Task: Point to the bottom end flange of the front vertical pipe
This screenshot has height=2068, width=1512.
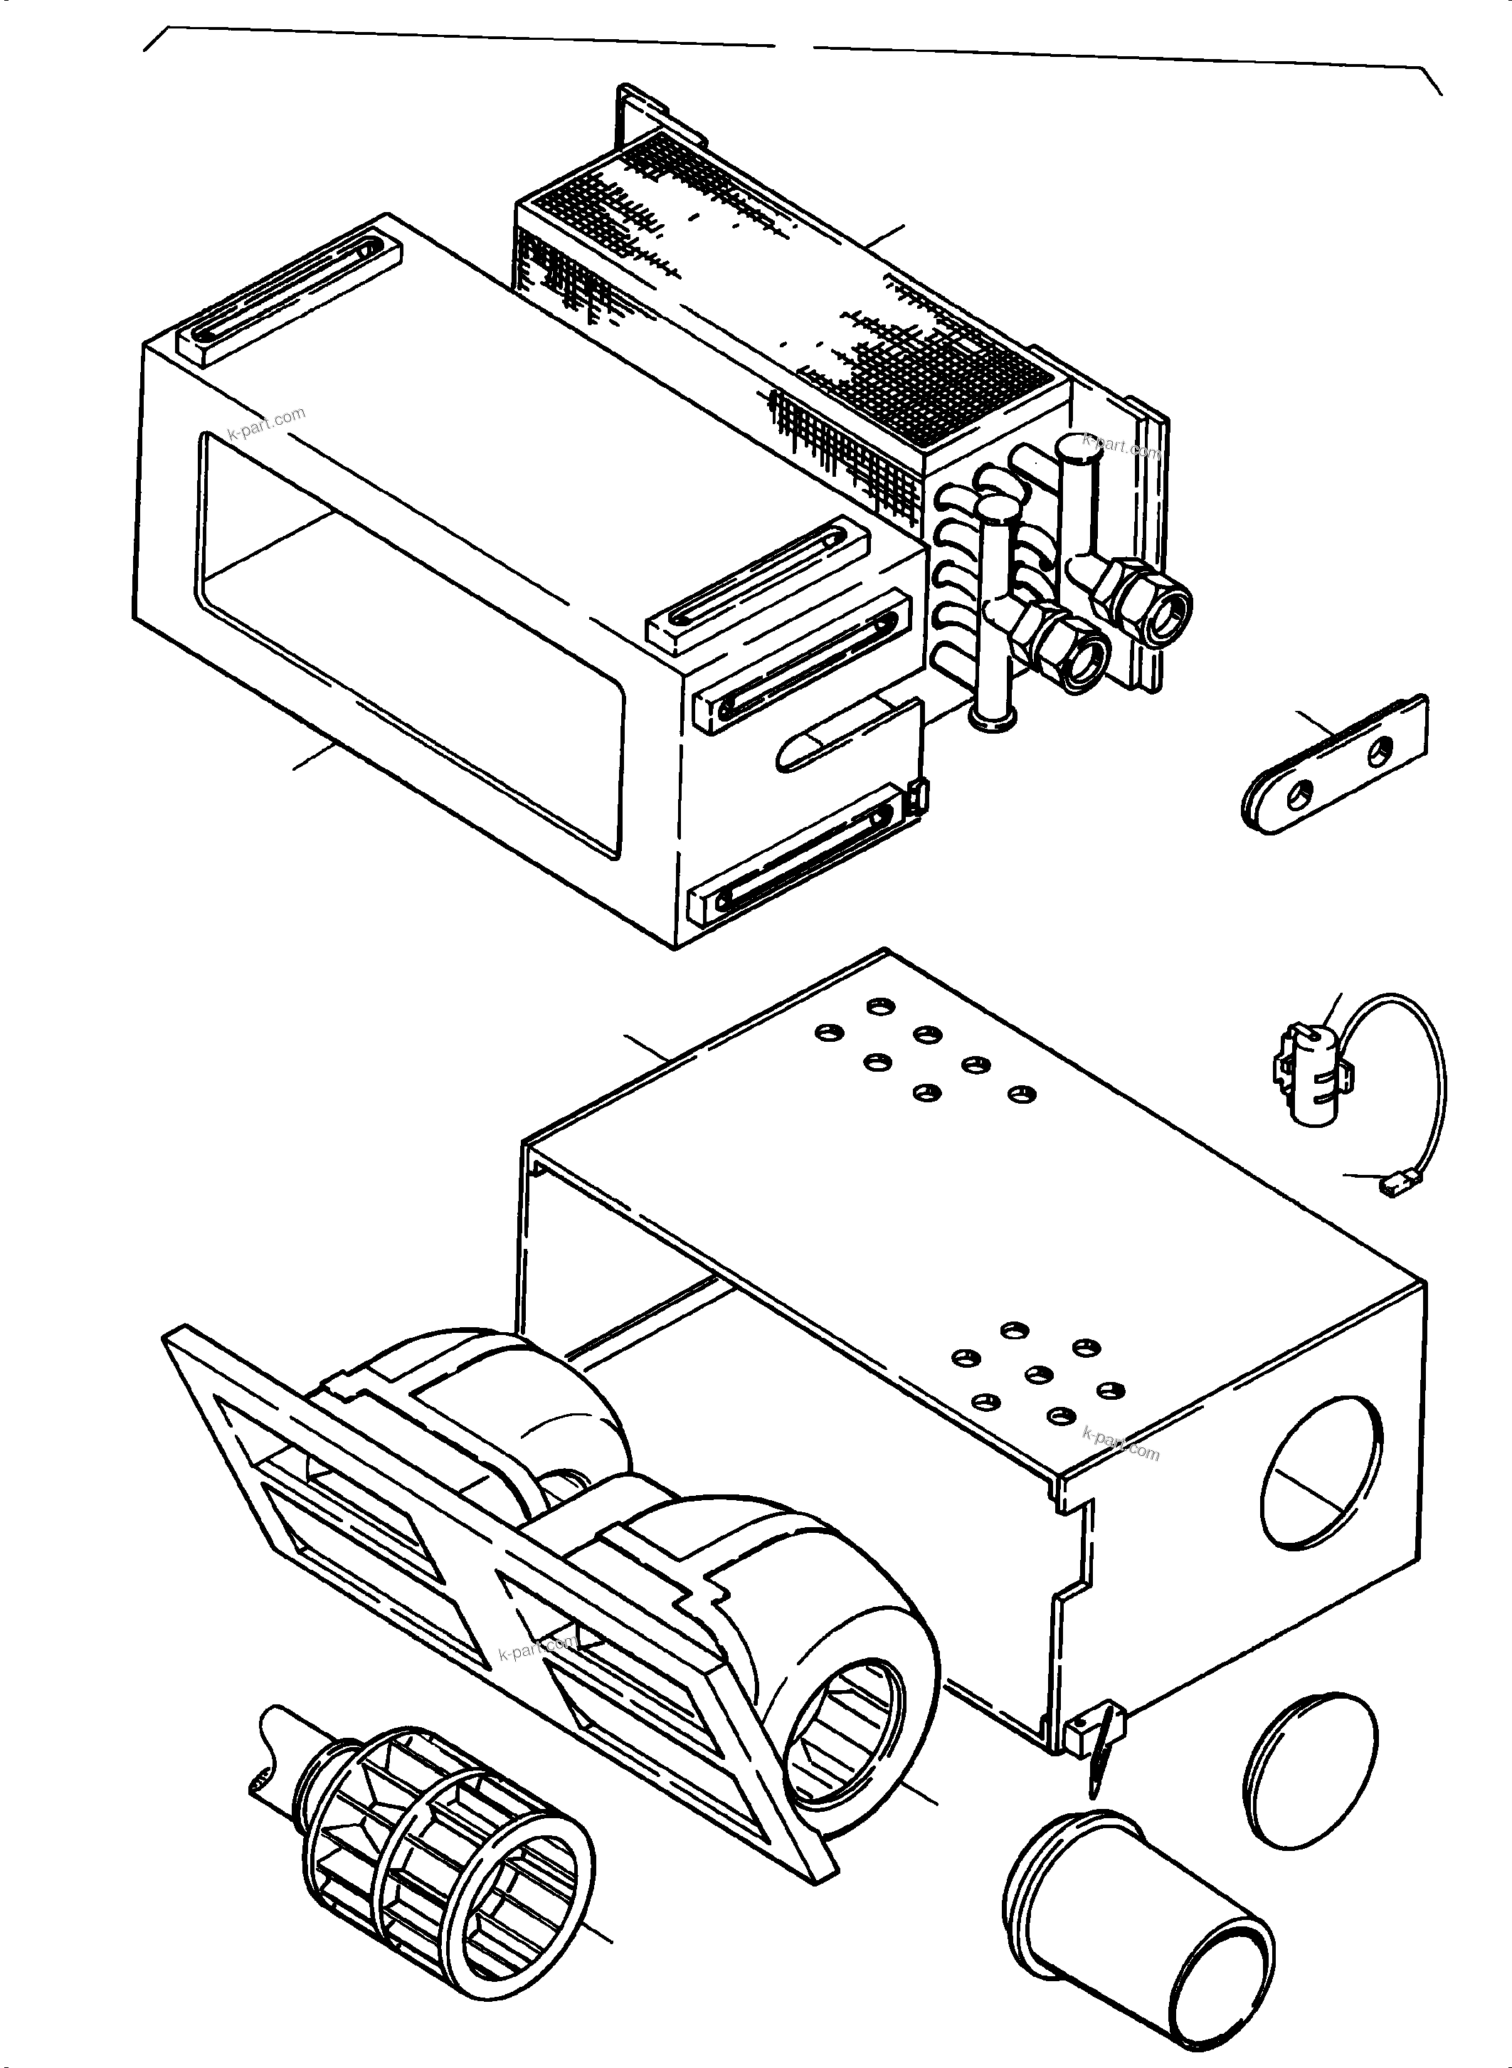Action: (x=993, y=723)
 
